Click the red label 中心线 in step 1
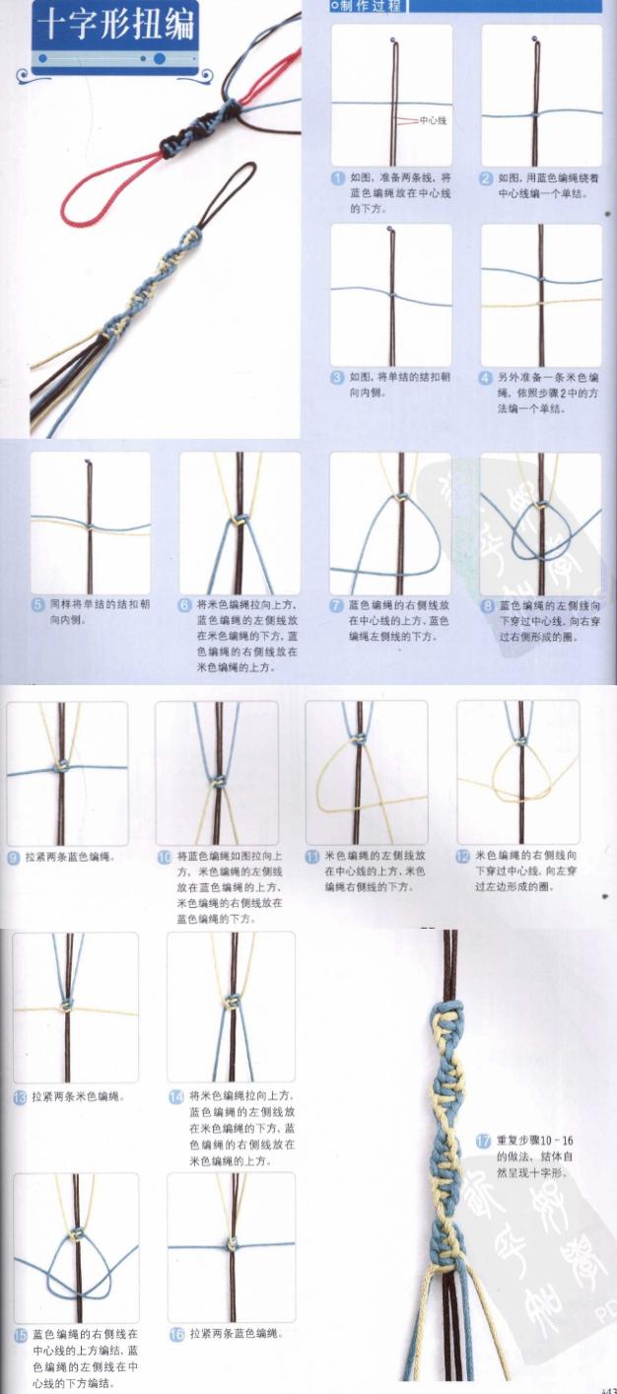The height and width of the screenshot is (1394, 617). (434, 120)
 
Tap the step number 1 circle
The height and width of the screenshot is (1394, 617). (337, 178)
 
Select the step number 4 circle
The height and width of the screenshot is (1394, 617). (486, 378)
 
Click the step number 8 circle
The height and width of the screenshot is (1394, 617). (486, 606)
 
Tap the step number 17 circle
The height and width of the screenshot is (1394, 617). (483, 1141)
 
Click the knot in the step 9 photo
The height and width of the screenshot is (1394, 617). (61, 766)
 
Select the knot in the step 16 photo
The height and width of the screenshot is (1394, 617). (232, 1246)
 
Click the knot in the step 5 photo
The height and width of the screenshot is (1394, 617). (90, 527)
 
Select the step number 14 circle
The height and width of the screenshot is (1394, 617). (176, 1096)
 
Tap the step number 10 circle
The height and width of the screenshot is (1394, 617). (165, 857)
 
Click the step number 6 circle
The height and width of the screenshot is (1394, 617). (185, 605)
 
